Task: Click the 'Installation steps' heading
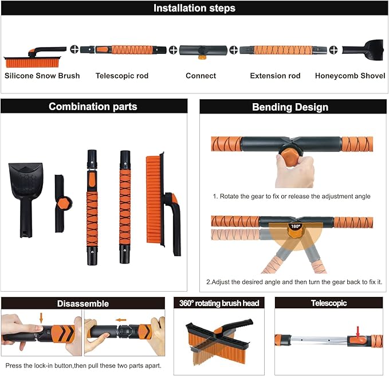tap(194, 8)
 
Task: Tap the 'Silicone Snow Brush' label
tap(42, 76)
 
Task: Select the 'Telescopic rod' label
tap(122, 76)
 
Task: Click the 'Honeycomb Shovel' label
tap(350, 76)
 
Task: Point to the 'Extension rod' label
tap(275, 76)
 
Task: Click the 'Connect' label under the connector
tap(201, 76)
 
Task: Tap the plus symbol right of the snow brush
tap(74, 49)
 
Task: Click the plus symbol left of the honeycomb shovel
tap(333, 50)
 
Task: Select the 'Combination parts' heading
tap(93, 107)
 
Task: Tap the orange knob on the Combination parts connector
tap(63, 203)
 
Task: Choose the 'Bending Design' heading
tap(290, 107)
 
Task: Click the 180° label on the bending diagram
tap(296, 226)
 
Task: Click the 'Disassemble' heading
tap(83, 304)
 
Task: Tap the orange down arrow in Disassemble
tap(41, 318)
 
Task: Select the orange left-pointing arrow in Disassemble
tap(121, 320)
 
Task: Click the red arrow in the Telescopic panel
tap(357, 332)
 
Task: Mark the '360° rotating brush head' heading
tap(219, 303)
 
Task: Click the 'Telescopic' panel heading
tap(329, 303)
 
